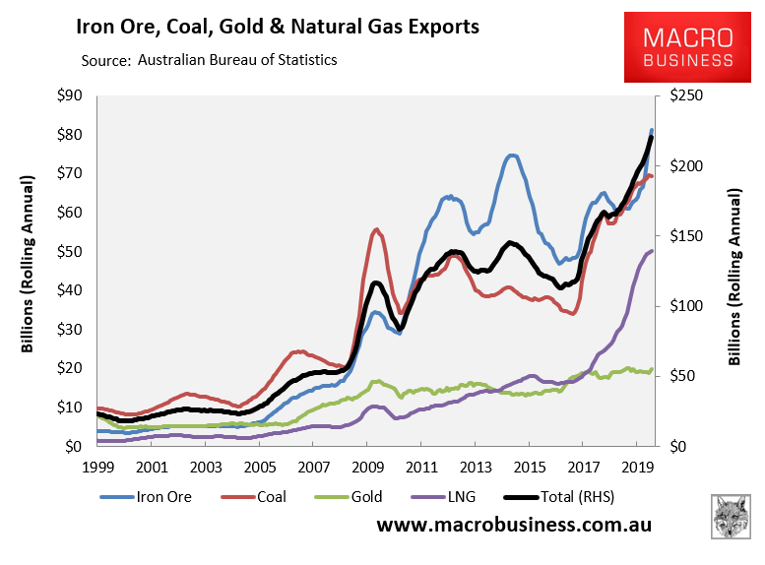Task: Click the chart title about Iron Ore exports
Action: (278, 27)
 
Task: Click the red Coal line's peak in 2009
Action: (377, 230)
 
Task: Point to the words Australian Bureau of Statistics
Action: (237, 60)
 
